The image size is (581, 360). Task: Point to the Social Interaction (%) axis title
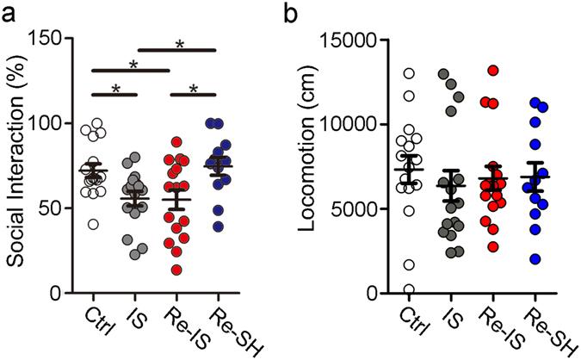point(15,164)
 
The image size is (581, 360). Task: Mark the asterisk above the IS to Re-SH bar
point(180,43)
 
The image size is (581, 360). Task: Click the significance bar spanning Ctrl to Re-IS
point(133,69)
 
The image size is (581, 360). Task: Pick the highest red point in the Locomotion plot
point(493,71)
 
